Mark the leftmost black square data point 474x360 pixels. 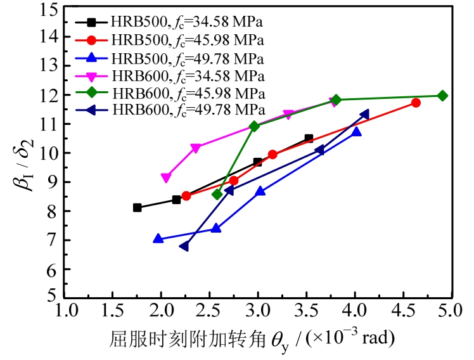click(x=138, y=207)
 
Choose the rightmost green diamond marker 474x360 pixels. click(x=442, y=96)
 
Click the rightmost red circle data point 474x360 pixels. click(x=416, y=103)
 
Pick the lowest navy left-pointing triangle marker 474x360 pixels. click(x=184, y=246)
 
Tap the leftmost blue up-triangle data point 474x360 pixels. click(x=158, y=239)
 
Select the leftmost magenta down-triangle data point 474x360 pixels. click(x=166, y=178)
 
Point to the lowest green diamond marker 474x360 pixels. click(x=217, y=194)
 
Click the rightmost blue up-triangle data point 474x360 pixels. click(x=356, y=132)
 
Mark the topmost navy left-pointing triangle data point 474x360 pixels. click(x=364, y=115)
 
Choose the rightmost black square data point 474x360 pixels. click(x=309, y=138)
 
